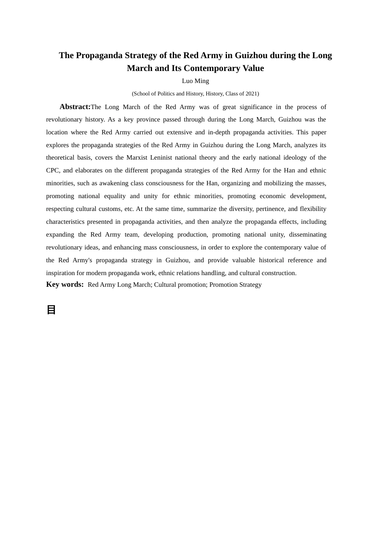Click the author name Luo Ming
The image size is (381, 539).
pos(195,81)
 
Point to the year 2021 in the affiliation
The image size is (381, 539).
pos(251,94)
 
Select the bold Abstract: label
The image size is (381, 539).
pos(75,107)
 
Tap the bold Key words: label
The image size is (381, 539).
pos(65,284)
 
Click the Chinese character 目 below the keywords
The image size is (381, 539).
pos(51,310)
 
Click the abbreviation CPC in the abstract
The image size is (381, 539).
pos(52,170)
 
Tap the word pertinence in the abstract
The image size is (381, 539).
pos(263,209)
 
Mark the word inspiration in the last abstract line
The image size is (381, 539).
pos(60,273)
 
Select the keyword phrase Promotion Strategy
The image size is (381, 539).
pos(235,285)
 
